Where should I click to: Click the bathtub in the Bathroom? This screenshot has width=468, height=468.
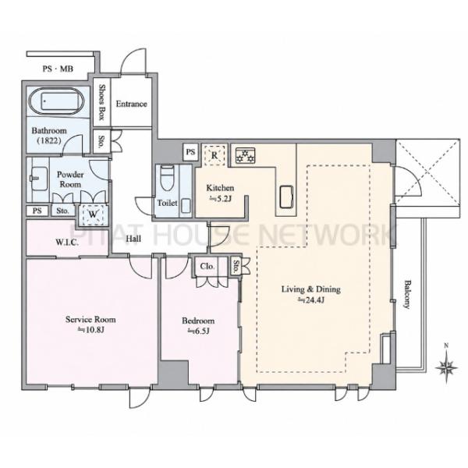57,101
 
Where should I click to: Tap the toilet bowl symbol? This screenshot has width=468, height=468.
167,178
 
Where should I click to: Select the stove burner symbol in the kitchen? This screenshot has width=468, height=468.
245,156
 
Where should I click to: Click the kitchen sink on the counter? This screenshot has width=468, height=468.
286,197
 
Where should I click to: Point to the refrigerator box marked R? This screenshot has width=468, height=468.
214,155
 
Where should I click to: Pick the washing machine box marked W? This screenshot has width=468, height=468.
93,214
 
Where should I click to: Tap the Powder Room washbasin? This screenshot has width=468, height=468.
39,178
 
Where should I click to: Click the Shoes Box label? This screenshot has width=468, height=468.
101,102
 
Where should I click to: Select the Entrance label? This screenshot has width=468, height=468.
131,104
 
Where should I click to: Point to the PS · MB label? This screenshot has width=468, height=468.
58,69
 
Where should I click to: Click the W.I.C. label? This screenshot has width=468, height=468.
67,243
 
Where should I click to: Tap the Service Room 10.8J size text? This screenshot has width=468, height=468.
90,330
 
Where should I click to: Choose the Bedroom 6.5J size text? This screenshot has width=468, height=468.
198,331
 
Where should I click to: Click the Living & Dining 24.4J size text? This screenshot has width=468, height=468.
311,300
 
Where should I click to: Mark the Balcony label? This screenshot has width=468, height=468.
407,294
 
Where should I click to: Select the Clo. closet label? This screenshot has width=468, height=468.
207,266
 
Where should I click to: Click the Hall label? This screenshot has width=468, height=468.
133,239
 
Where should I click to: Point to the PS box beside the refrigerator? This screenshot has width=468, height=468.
191,152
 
